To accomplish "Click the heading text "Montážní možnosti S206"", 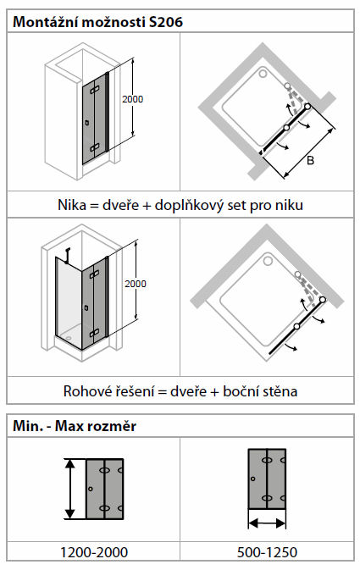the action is [x=97, y=22].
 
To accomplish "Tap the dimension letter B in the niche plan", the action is [x=310, y=160].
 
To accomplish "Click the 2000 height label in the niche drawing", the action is [x=132, y=99].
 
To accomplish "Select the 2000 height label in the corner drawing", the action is [x=136, y=284].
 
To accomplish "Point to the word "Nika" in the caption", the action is [x=72, y=205].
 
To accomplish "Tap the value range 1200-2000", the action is [x=94, y=552].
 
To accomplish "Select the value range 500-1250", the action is [x=267, y=552].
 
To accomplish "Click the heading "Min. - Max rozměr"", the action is [x=75, y=426].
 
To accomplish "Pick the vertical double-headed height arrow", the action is [x=69, y=489].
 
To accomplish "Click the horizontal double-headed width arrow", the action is [x=267, y=523].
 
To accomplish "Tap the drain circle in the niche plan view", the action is [x=263, y=74].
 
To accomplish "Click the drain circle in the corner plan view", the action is [x=268, y=261].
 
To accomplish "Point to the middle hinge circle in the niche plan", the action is [x=286, y=128].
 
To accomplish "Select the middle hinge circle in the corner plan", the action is [x=296, y=326].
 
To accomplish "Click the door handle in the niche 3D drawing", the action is [x=87, y=123].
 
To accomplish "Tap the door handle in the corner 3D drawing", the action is [x=86, y=308].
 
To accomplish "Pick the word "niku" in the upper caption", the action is [x=289, y=205].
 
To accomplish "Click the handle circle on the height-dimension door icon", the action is [x=91, y=489].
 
